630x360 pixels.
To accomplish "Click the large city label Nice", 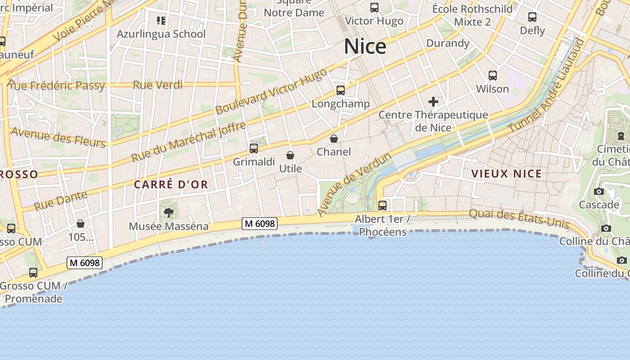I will coord(365,46).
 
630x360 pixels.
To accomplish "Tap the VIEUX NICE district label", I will coord(506,174).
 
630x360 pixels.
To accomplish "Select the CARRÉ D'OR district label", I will coord(171,184).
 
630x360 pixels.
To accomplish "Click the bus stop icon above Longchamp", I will coord(341,90).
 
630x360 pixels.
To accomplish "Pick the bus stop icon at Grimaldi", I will coord(254,148).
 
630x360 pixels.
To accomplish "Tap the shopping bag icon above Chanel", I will coord(334,139).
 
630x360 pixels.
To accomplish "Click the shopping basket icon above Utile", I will coord(291,155).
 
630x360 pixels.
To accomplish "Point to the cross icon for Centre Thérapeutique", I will coord(433,102).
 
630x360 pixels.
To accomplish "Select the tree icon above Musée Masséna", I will coord(169,212).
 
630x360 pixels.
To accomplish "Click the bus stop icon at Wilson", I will coord(493,76).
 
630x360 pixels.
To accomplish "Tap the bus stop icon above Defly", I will coord(532,18).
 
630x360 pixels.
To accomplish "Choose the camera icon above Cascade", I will coord(598,192).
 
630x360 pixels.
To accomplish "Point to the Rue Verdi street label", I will coord(158,85).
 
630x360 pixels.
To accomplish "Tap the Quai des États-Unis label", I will coord(519,219).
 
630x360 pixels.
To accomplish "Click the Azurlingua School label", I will coord(161,34).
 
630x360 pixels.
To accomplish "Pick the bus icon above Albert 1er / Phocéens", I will coord(382,206).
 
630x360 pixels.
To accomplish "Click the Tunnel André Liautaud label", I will coord(547,85).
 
